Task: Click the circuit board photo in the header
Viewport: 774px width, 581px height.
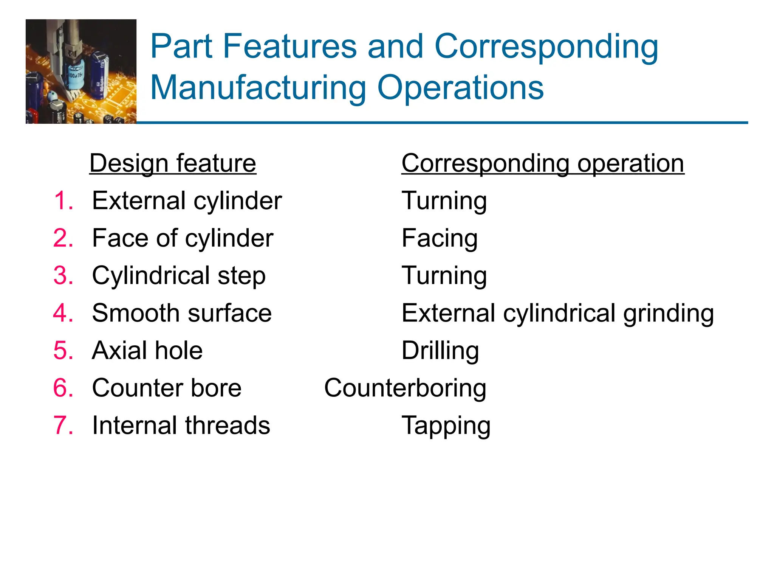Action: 81,71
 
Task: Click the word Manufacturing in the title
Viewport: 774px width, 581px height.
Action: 258,88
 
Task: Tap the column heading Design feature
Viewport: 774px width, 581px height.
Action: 173,163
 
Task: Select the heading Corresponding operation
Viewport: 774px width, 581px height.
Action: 543,163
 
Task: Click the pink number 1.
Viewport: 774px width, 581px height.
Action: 63,200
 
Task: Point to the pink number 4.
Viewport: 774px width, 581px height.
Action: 63,313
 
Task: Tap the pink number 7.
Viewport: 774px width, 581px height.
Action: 63,426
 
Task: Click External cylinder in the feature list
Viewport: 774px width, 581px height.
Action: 187,200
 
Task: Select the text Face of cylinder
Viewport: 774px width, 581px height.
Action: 183,238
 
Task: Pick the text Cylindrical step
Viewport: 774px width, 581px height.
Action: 179,276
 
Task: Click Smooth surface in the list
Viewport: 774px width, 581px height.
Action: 182,313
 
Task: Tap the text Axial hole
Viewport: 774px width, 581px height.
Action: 147,351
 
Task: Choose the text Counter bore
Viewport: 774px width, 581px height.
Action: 167,388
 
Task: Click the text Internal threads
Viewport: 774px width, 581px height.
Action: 181,426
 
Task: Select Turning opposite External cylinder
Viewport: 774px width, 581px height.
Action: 444,201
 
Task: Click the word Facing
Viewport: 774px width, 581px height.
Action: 440,239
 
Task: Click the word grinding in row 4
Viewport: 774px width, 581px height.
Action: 668,314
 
